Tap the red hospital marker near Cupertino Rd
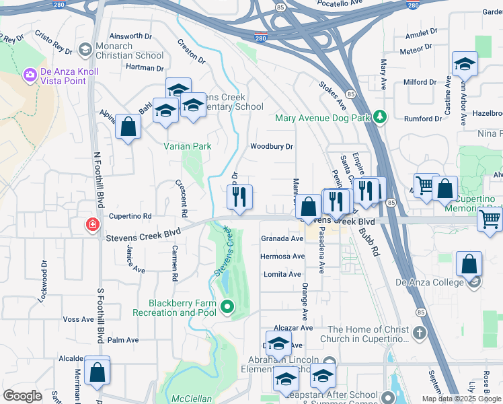(x=91, y=225)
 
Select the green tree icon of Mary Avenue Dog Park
(x=381, y=117)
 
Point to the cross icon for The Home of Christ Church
(x=419, y=332)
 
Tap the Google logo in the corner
(x=23, y=396)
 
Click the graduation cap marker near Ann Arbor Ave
(x=465, y=64)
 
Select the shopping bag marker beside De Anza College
(x=469, y=263)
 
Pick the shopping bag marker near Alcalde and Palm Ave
(x=97, y=371)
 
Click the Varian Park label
(x=188, y=146)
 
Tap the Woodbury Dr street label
(x=272, y=146)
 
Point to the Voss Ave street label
(x=77, y=320)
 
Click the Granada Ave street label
(x=282, y=238)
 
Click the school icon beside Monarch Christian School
(x=85, y=49)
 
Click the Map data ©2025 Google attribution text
(x=461, y=399)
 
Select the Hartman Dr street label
(x=144, y=68)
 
